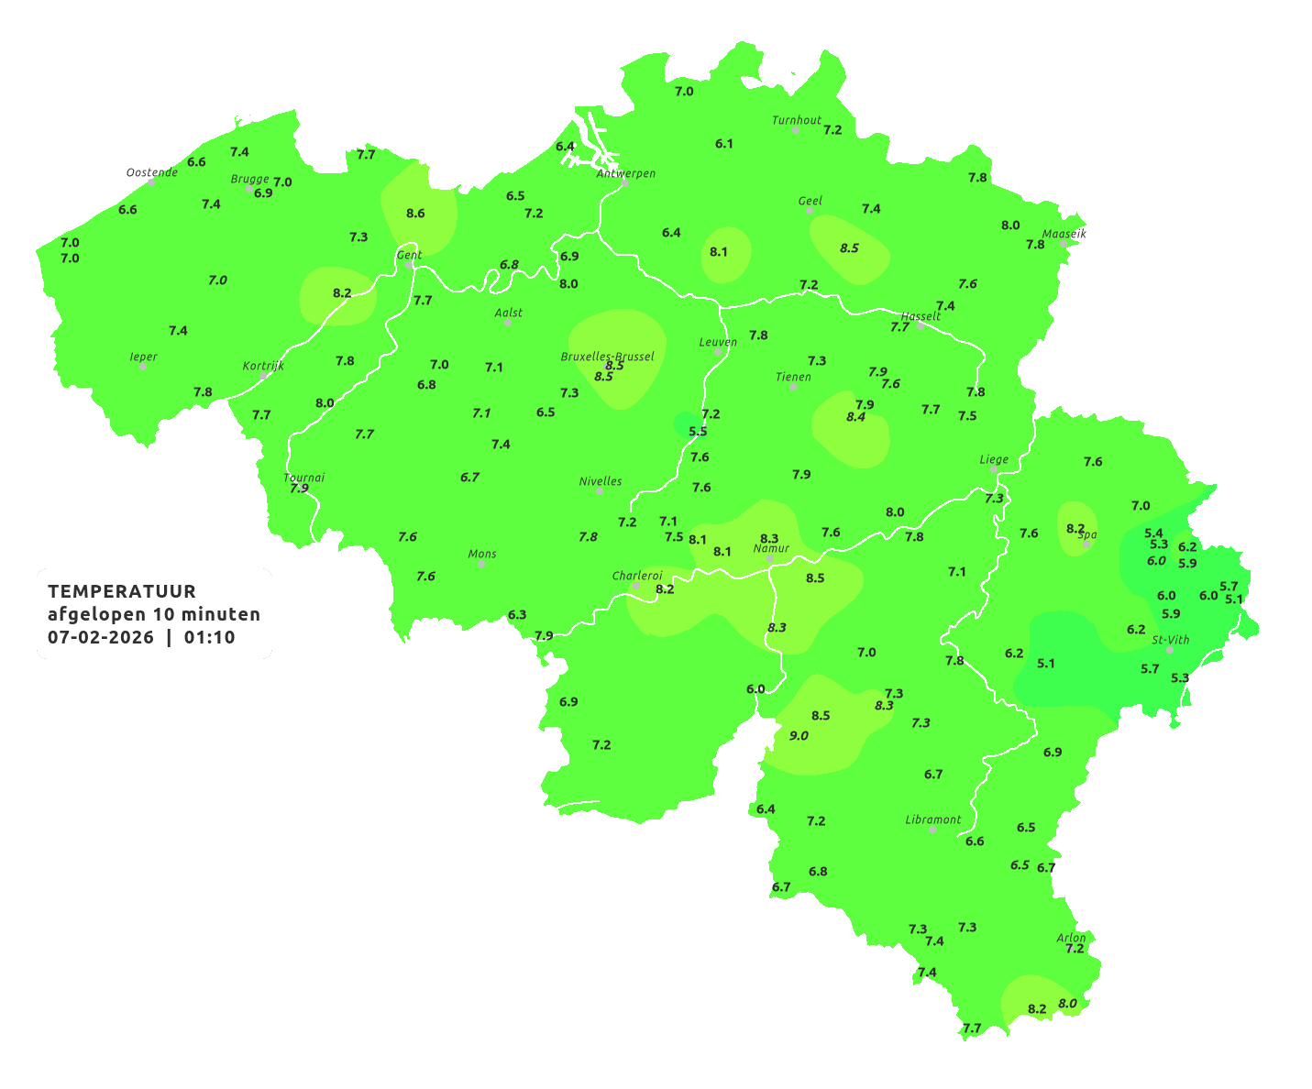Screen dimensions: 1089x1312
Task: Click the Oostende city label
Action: pos(151,172)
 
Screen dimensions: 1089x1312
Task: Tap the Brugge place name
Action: pos(249,179)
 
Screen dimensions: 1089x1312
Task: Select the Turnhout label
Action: pos(797,120)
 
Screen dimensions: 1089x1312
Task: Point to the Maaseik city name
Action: pos(1064,234)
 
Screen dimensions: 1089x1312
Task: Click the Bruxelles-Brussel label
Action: pos(607,356)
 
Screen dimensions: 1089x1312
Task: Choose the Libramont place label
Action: pos(932,819)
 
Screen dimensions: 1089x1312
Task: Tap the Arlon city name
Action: pos(1071,937)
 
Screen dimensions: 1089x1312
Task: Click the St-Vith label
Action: pos(1171,640)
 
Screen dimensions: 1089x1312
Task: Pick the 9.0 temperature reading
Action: pos(799,735)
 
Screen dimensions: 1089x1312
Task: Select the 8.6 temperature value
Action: pos(415,213)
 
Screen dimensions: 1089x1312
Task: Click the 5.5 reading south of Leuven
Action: pos(698,431)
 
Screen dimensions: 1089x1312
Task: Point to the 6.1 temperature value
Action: pos(724,143)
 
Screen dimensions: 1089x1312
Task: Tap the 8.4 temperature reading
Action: pos(855,417)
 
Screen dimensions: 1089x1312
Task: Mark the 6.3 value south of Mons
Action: pos(517,614)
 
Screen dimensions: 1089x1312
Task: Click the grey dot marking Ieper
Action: pos(143,367)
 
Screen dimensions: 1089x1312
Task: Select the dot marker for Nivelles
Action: pos(600,491)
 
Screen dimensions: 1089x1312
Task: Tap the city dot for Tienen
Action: pos(793,387)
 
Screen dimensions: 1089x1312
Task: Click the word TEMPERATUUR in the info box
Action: pos(122,591)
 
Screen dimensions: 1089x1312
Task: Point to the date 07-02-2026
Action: pos(101,637)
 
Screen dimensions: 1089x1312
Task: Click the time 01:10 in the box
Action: pos(209,637)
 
